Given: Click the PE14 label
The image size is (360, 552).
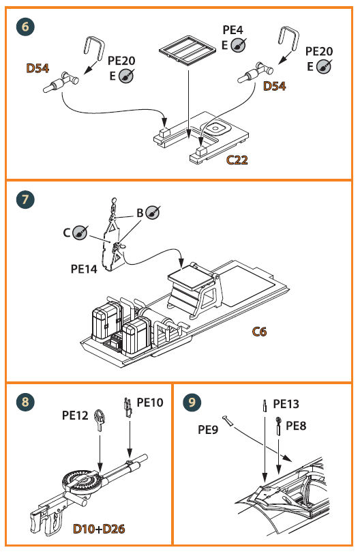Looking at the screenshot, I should coord(85,269).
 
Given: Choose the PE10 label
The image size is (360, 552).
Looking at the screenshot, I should coord(150,403).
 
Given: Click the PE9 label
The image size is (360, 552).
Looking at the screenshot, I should coord(209,429).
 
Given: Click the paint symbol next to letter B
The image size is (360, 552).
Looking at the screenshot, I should coord(154,212).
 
